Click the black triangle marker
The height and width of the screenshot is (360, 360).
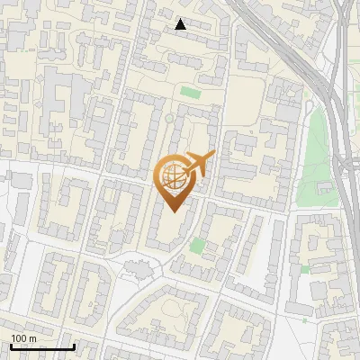[181, 24]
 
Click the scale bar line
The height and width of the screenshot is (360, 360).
[41, 346]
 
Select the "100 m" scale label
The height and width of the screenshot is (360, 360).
[23, 338]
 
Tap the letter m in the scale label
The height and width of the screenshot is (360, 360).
[32, 338]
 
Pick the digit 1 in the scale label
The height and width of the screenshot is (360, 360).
[13, 338]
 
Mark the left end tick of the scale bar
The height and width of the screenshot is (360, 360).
[10, 345]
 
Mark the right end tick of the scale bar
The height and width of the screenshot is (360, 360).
[74, 345]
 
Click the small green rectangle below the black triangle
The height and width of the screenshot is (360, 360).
[189, 92]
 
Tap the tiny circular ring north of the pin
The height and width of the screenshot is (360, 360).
[168, 118]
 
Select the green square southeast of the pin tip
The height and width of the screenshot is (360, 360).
[197, 245]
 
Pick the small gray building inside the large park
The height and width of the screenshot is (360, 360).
[327, 187]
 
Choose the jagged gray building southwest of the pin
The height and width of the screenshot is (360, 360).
[138, 267]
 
